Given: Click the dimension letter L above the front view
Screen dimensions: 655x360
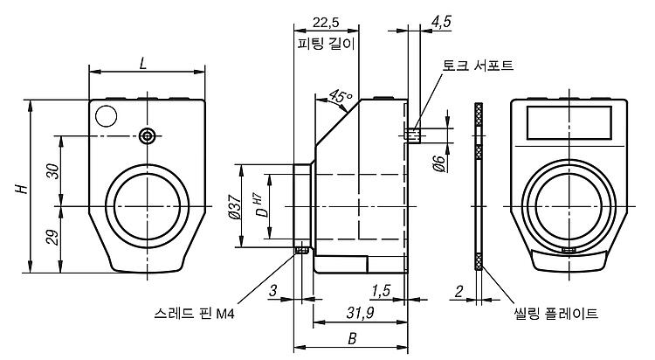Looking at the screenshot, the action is [143, 64].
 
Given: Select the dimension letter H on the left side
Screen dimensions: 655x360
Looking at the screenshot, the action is [22, 188].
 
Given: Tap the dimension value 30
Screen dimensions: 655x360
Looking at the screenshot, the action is [53, 171].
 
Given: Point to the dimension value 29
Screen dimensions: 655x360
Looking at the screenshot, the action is [53, 237].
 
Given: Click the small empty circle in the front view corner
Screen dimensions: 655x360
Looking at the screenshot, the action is [106, 116].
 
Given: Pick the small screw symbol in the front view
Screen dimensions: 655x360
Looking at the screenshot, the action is [147, 136].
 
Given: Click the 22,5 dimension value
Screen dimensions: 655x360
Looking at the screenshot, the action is [326, 22].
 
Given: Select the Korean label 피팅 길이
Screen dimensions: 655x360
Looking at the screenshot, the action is [326, 43].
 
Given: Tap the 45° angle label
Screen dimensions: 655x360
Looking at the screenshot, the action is [341, 97].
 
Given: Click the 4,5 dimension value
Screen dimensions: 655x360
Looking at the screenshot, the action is [441, 21].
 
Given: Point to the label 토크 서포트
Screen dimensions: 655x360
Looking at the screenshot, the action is [478, 66].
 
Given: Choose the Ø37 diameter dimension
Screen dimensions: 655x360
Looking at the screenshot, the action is [235, 207].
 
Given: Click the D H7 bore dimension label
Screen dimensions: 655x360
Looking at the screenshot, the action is [260, 205].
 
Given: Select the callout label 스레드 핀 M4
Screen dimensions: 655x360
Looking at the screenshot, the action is [194, 313].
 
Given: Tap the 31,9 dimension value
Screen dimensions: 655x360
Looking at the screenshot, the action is [360, 313].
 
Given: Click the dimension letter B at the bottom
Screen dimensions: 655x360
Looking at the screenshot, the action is [352, 338].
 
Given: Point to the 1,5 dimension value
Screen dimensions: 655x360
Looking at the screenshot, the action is [381, 291].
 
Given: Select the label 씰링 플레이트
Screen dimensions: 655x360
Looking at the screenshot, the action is [556, 313].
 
